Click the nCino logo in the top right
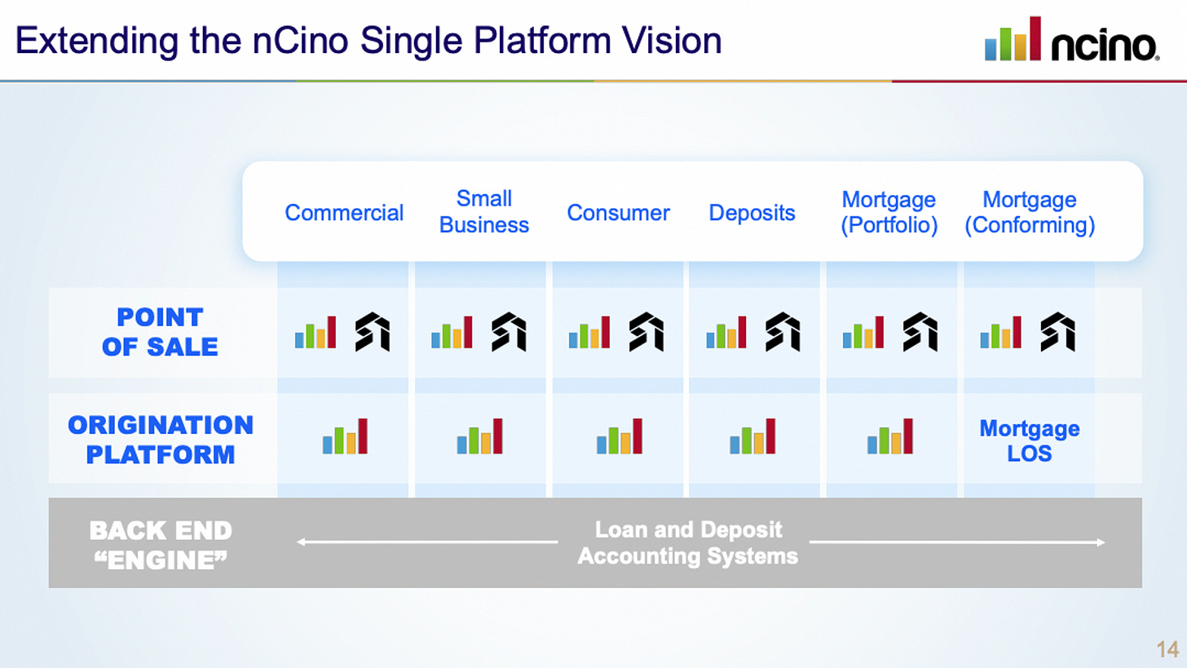(x=1071, y=40)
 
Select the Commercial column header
(x=344, y=213)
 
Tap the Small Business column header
(x=484, y=212)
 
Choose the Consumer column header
(x=618, y=213)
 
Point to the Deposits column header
(x=752, y=213)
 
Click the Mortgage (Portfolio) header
(x=889, y=213)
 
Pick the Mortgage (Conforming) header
(x=1029, y=213)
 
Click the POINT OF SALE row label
(x=160, y=332)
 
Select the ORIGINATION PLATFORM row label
(x=161, y=440)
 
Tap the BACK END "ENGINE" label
(x=161, y=544)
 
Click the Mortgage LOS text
(x=1029, y=440)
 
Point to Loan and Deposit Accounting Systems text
(x=687, y=543)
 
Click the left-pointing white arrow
(x=426, y=541)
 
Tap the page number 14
(x=1167, y=649)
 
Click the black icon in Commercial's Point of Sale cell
(x=373, y=332)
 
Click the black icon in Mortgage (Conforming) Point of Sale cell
(x=1058, y=332)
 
